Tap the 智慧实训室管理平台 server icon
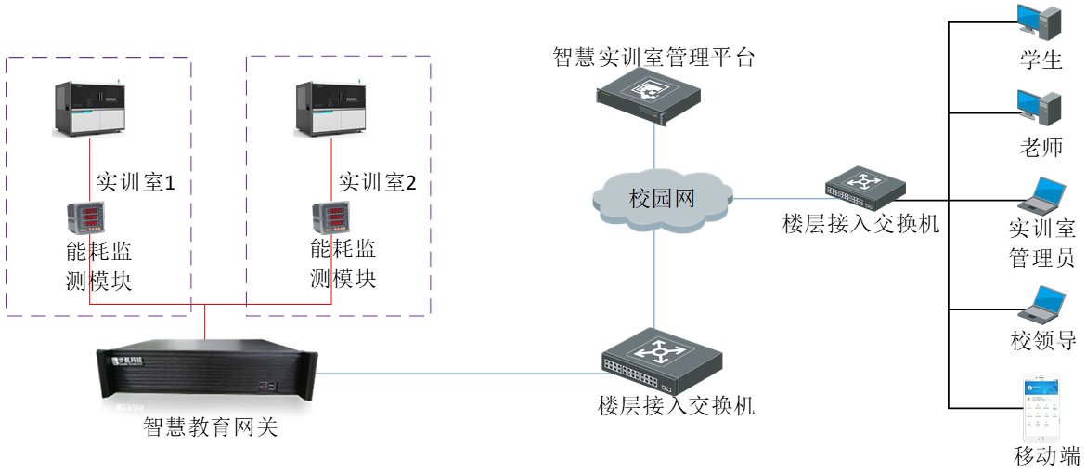pos(649,97)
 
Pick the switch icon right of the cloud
pos(863,188)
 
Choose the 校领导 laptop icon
pos(1042,305)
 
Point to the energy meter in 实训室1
pos(84,219)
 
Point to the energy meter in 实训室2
pos(329,219)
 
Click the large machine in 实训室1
pos(90,109)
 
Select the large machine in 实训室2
pos(331,110)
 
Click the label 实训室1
pos(136,182)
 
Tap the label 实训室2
pos(377,181)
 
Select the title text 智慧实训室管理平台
pos(653,58)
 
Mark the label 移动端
pos(1047,456)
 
